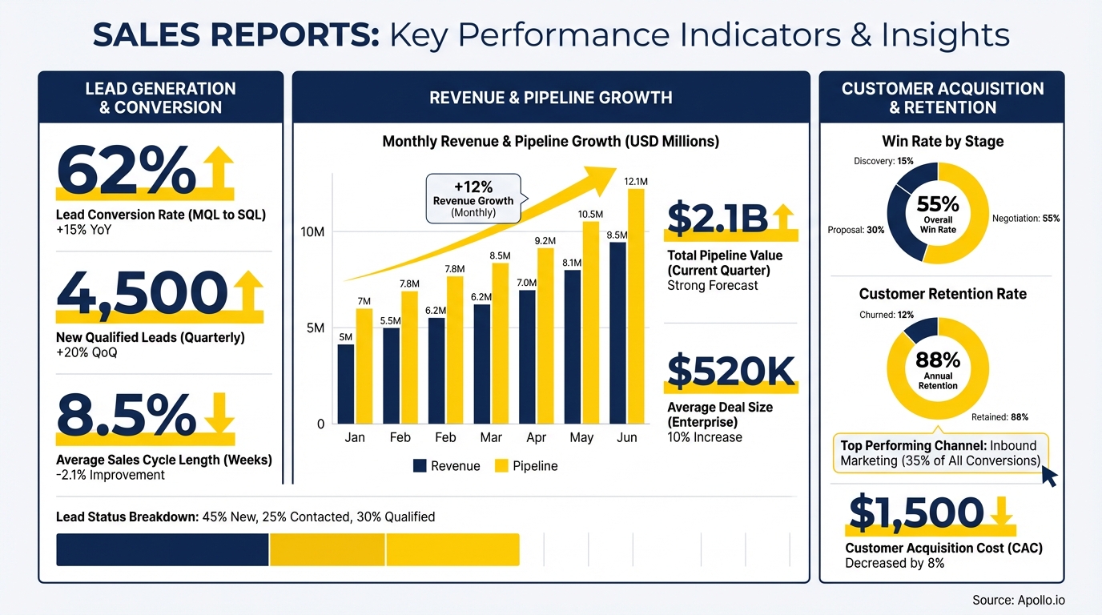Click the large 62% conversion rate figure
click(126, 170)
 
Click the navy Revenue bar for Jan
click(345, 384)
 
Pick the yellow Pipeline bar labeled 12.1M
click(636, 306)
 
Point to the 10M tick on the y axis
click(312, 232)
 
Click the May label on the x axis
click(581, 437)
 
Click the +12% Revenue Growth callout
click(473, 198)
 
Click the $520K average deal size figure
click(730, 371)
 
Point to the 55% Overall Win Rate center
click(938, 211)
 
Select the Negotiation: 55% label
click(1025, 218)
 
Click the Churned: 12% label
click(887, 315)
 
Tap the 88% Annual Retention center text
click(938, 368)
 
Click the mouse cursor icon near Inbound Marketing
click(1048, 477)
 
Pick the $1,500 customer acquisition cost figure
click(915, 513)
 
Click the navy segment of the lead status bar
click(163, 550)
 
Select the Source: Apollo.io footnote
click(1019, 600)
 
